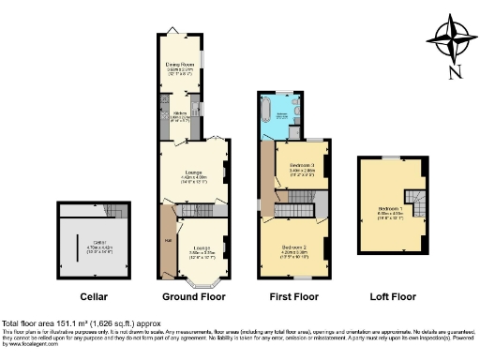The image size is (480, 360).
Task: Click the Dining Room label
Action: [x=179, y=67]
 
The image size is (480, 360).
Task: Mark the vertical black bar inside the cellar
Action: [x=77, y=249]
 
